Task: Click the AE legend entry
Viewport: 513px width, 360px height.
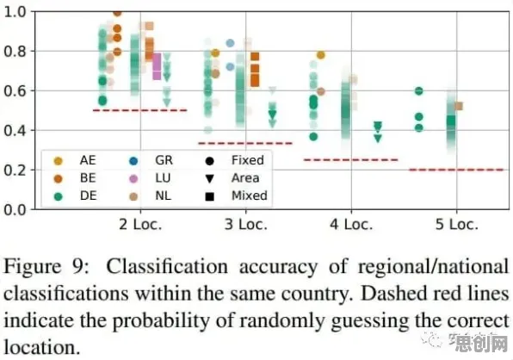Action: click(75, 160)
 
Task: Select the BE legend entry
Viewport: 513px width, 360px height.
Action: click(75, 178)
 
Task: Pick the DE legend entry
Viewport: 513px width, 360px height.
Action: click(75, 196)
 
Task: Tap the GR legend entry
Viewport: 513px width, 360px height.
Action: click(151, 160)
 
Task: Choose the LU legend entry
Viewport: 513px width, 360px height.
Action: click(150, 178)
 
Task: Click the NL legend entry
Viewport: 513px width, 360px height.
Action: click(150, 196)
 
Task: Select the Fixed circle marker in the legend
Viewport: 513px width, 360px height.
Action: click(209, 161)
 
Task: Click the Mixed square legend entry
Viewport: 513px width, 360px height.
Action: click(236, 196)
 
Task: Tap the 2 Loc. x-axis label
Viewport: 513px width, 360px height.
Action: click(140, 225)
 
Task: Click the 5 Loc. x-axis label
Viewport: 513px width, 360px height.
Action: click(457, 225)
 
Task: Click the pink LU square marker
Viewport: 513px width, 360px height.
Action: click(157, 67)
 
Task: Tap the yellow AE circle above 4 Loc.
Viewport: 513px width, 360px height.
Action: click(320, 55)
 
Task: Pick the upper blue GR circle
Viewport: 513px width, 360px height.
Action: click(230, 43)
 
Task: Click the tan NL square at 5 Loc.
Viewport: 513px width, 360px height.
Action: click(459, 106)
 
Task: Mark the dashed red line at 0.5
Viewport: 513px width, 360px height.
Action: click(140, 110)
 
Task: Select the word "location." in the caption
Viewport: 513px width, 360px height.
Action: click(42, 348)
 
